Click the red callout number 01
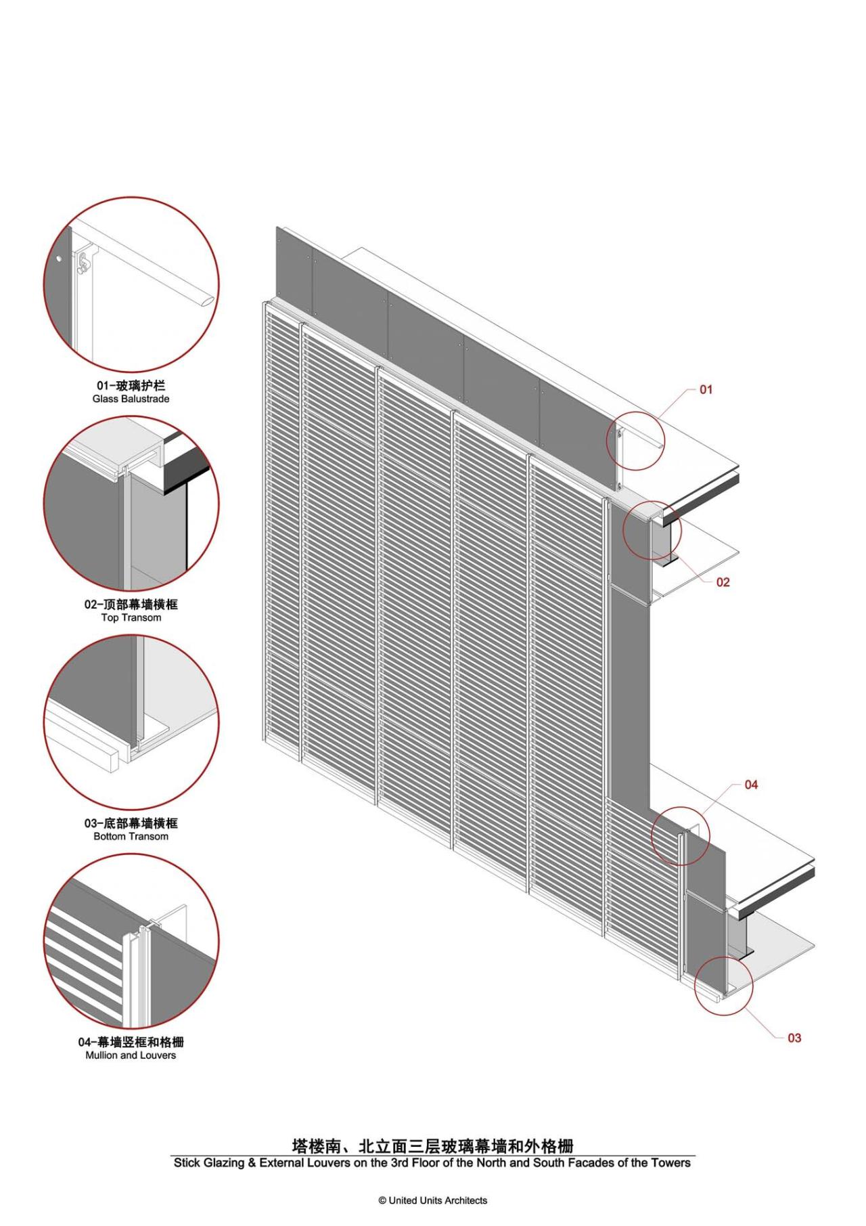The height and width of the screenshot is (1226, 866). click(x=706, y=389)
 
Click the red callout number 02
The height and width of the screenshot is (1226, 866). click(x=723, y=582)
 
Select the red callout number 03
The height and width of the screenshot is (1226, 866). click(x=794, y=1038)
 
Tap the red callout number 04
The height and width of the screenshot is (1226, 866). click(x=751, y=785)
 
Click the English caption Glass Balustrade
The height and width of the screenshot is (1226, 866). click(x=131, y=399)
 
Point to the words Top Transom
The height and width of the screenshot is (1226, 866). click(x=131, y=618)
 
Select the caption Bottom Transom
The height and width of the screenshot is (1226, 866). click(x=131, y=837)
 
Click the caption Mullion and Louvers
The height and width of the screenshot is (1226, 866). click(x=131, y=1055)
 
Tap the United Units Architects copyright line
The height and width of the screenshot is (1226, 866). click(x=433, y=1200)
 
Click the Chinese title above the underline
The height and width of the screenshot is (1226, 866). click(x=433, y=1145)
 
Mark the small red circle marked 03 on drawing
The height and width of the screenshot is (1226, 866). click(x=723, y=984)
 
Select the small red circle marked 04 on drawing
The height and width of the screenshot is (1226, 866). click(x=681, y=835)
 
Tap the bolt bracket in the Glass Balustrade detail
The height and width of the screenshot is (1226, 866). click(x=84, y=263)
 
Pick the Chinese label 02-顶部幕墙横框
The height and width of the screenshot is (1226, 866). click(x=131, y=605)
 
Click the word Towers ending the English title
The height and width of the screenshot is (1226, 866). click(x=670, y=1163)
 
